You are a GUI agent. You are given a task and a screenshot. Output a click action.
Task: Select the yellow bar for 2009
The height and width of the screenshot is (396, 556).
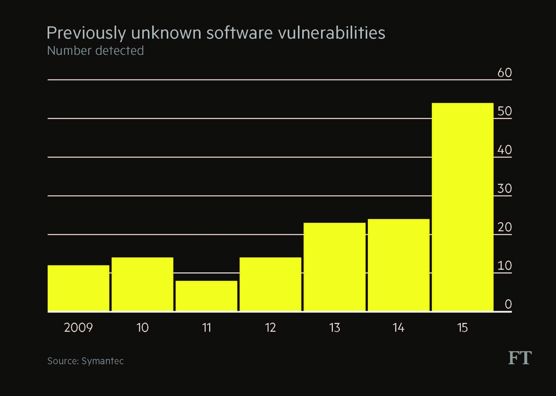pyautogui.click(x=79, y=288)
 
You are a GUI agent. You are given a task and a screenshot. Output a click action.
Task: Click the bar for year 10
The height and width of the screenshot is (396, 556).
pyautogui.click(x=143, y=284)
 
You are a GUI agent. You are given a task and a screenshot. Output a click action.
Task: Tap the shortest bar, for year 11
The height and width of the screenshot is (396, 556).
pyautogui.click(x=207, y=296)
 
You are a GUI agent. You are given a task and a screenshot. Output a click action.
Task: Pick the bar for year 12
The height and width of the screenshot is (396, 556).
pyautogui.click(x=270, y=284)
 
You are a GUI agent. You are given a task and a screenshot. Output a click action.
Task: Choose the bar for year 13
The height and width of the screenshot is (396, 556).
pyautogui.click(x=334, y=267)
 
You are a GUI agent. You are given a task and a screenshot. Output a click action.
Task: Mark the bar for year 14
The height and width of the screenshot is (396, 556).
pyautogui.click(x=398, y=265)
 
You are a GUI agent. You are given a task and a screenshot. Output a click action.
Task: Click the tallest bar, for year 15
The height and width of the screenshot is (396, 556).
pyautogui.click(x=463, y=207)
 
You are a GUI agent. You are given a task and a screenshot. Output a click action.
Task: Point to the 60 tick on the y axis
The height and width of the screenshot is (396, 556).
pyautogui.click(x=504, y=73)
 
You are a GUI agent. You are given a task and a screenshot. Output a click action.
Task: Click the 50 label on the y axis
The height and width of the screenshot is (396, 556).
pyautogui.click(x=504, y=111)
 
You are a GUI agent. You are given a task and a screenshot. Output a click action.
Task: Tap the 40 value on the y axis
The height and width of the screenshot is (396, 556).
pyautogui.click(x=504, y=150)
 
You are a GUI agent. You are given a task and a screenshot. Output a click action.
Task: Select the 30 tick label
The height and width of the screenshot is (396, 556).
pyautogui.click(x=504, y=188)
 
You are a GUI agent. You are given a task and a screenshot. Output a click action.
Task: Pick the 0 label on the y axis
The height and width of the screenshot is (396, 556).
pyautogui.click(x=508, y=304)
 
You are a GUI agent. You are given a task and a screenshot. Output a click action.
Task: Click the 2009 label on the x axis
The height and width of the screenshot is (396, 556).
pyautogui.click(x=78, y=328)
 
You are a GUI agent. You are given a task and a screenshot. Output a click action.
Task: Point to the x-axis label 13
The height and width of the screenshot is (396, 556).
pyautogui.click(x=334, y=328)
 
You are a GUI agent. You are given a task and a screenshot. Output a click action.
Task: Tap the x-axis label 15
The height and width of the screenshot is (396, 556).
pyautogui.click(x=462, y=328)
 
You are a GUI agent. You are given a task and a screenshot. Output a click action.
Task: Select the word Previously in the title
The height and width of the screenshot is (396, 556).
pyautogui.click(x=86, y=33)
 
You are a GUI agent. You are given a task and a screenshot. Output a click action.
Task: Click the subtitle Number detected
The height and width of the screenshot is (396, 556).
pyautogui.click(x=95, y=51)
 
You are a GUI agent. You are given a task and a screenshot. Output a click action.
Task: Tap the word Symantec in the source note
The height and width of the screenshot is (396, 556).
pyautogui.click(x=102, y=361)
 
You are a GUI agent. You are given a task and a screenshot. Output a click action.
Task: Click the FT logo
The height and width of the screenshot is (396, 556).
pyautogui.click(x=519, y=358)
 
